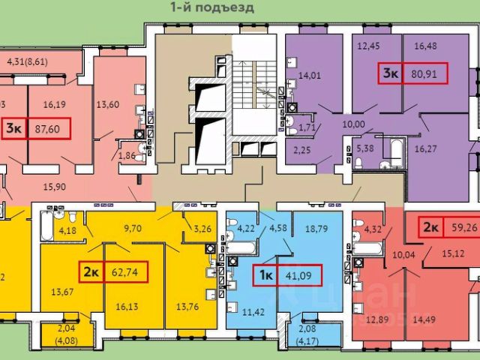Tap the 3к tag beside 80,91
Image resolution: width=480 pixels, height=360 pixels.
point(391,73)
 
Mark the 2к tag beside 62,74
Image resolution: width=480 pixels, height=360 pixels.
point(91,270)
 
